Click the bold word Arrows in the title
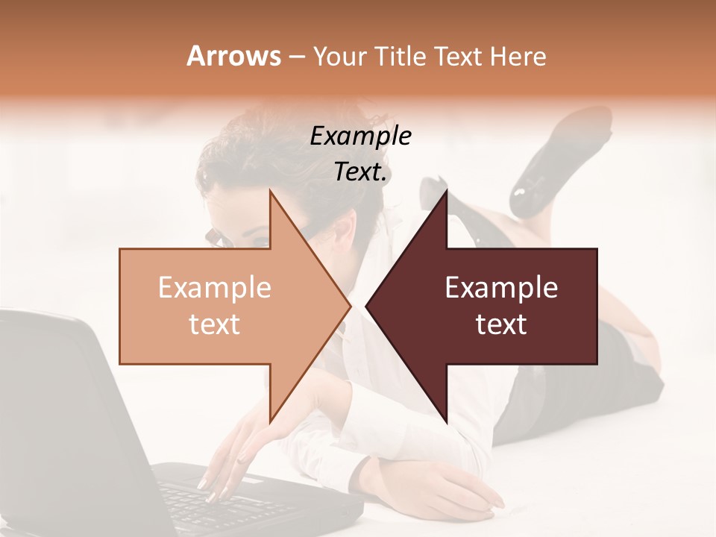pos(233,56)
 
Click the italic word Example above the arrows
pos(360,136)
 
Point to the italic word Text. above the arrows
pos(361,172)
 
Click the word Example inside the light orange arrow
pos(214,288)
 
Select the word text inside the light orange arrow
pos(214,324)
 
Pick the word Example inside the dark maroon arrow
pos(501,288)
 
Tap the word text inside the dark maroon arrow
pos(501,324)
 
